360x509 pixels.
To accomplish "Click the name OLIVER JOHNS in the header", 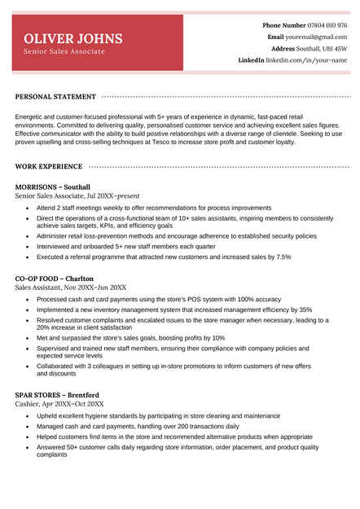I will [73, 39].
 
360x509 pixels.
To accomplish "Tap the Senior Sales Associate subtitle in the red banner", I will [64, 52].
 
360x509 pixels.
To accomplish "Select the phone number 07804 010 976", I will [327, 25].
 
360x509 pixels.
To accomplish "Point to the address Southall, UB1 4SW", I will [322, 49].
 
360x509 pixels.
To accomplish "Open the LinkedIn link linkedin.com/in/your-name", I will [307, 60].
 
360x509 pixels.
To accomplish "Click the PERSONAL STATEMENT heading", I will [55, 97].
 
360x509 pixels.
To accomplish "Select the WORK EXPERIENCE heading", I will [49, 167].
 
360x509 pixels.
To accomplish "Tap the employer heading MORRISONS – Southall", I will [53, 187].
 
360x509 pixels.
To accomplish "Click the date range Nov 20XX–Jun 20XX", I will [95, 287].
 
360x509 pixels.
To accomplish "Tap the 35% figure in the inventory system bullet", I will [305, 309].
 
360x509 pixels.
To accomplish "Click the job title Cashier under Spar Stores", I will [27, 404].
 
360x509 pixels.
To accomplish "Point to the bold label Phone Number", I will [284, 25].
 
